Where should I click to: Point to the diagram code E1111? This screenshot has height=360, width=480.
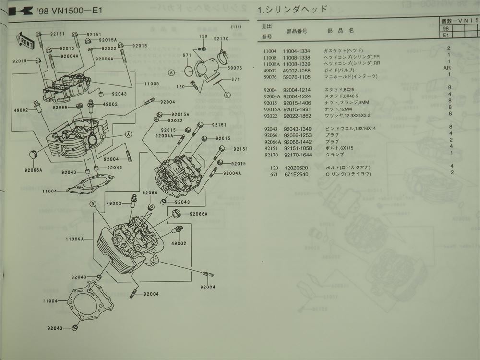click(x=236, y=27)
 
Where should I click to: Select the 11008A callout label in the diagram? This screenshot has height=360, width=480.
click(x=75, y=239)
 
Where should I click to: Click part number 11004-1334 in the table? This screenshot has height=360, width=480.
click(x=297, y=50)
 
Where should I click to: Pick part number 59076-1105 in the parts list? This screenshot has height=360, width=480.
click(x=297, y=76)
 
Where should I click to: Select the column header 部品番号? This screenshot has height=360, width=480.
click(x=297, y=31)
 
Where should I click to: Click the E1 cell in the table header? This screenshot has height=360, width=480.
click(x=445, y=35)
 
